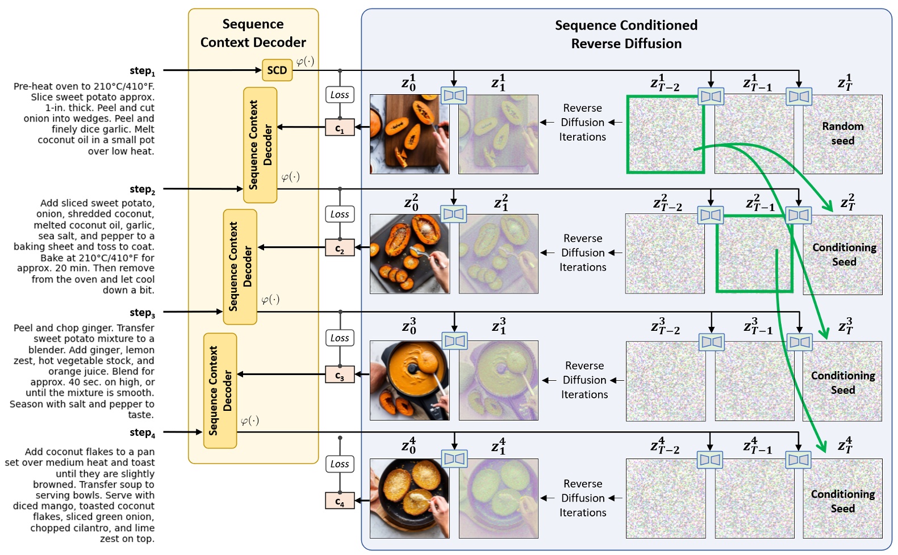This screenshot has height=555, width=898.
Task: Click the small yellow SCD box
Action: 277,70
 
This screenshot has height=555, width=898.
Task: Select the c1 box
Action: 340,127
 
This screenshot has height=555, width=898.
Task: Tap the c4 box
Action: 340,501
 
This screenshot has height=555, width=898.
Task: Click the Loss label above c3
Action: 340,338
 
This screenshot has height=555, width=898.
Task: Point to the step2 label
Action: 142,189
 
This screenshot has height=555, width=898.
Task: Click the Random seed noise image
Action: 842,134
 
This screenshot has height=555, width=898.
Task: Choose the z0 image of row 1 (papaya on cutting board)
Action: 409,134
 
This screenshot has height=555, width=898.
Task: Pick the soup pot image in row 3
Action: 409,380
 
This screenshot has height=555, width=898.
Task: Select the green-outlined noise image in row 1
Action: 665,134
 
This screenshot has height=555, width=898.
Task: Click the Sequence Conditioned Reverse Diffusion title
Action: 626,34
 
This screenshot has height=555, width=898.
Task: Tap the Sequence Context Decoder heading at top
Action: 253,33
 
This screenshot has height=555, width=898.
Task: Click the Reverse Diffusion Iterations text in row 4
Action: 583,498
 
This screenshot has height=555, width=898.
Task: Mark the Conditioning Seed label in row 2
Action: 844,254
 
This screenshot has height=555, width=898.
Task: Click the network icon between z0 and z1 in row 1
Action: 454,95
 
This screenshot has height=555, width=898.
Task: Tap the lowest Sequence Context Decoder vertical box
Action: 220,390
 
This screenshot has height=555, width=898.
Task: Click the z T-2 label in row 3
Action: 665,326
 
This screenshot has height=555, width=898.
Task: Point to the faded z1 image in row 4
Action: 498,498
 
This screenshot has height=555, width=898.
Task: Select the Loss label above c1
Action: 340,95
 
